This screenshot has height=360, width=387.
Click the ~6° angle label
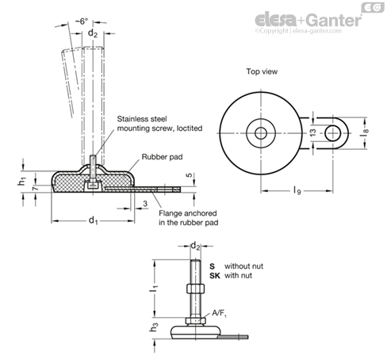pos(81,21)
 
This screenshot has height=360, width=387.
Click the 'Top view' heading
pos(262,71)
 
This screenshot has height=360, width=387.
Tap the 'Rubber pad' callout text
pos(162,157)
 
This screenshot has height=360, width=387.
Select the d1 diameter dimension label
pos(93,220)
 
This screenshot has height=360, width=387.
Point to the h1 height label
pos(22,182)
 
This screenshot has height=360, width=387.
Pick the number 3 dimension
pos(145,204)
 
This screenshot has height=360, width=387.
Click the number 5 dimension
pos(190,175)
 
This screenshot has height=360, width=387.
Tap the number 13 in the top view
pos(312,132)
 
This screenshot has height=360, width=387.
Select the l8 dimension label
pos(366,132)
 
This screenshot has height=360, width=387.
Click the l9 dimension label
pos(297,190)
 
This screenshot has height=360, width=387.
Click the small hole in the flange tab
pos(332,133)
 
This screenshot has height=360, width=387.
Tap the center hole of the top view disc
pos(261,133)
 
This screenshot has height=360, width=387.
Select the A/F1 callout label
pos(219,313)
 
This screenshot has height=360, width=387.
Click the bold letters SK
pos(215,276)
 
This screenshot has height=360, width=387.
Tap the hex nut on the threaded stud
pos(195,289)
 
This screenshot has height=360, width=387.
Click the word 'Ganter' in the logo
pos(335,20)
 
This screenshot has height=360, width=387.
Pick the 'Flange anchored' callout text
pos(188,213)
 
